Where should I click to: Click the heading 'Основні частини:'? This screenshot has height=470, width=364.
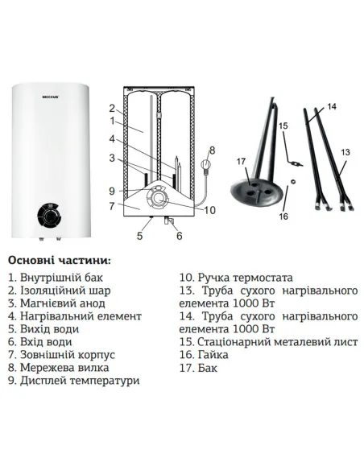coord(60,261)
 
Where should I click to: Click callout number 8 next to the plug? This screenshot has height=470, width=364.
coord(212,150)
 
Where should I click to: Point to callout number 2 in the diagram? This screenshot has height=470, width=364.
coord(112,108)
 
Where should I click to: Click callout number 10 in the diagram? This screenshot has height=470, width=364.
coord(209,211)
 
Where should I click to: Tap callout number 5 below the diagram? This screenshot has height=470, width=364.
coord(139,237)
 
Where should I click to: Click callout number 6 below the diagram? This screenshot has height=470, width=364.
coord(179,237)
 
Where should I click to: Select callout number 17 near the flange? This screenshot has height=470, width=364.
coord(240,162)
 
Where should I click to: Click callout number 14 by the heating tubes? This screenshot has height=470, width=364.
coord(332,106)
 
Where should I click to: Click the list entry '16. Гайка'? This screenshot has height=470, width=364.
coord(204,354)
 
